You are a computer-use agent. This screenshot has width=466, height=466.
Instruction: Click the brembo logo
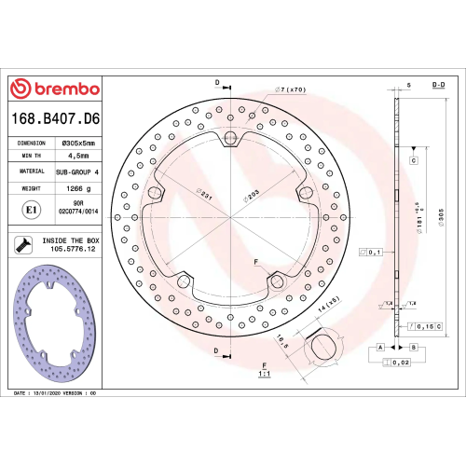(54, 89)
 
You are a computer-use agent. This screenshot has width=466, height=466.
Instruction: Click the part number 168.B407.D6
(55, 119)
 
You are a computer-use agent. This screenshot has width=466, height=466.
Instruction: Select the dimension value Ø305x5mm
(80, 143)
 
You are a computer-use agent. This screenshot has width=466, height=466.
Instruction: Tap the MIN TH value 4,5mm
(80, 157)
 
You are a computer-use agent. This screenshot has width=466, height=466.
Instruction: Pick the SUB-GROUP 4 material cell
(80, 173)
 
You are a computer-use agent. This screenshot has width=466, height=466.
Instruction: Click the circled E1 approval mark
(30, 210)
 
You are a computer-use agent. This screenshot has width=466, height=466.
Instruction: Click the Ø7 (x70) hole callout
(290, 89)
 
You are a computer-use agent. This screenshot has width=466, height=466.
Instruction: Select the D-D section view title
(437, 85)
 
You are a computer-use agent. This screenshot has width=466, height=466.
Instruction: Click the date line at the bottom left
(55, 394)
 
